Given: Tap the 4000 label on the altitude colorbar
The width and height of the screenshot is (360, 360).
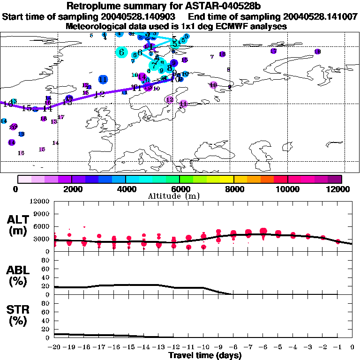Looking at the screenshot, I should (x=126, y=189).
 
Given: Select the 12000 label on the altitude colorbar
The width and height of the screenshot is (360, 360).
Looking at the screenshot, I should (x=338, y=189).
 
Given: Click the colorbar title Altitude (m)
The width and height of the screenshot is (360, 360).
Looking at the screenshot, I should (x=180, y=196).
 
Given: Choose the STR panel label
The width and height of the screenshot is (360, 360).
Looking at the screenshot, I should (x=18, y=315).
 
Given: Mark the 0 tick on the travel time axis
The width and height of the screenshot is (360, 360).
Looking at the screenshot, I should (x=352, y=347).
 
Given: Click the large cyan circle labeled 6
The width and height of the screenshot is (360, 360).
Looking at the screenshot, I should (x=122, y=52).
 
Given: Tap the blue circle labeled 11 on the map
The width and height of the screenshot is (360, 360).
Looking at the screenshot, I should (x=103, y=79).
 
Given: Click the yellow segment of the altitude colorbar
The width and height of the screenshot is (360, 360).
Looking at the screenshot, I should (x=227, y=179).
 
